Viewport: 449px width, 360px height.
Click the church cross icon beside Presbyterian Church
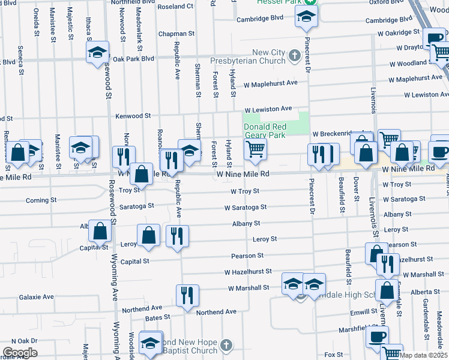pos(294,56)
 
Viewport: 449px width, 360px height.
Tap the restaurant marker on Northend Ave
pos(187,295)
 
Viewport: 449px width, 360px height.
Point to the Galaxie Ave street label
pos(36,297)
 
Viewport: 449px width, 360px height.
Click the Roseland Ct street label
pos(175,6)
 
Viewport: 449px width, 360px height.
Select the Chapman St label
pos(176,34)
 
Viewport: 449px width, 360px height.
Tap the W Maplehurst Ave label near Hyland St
pos(270,83)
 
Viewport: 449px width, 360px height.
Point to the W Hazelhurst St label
pos(248,272)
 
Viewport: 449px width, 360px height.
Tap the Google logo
pos(19,353)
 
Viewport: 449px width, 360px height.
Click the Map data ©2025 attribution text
pos(424,355)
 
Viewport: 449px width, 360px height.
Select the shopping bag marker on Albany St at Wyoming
pos(100,230)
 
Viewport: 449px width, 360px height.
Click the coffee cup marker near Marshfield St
pos(377,337)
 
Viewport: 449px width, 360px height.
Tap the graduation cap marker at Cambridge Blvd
pos(306,19)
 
